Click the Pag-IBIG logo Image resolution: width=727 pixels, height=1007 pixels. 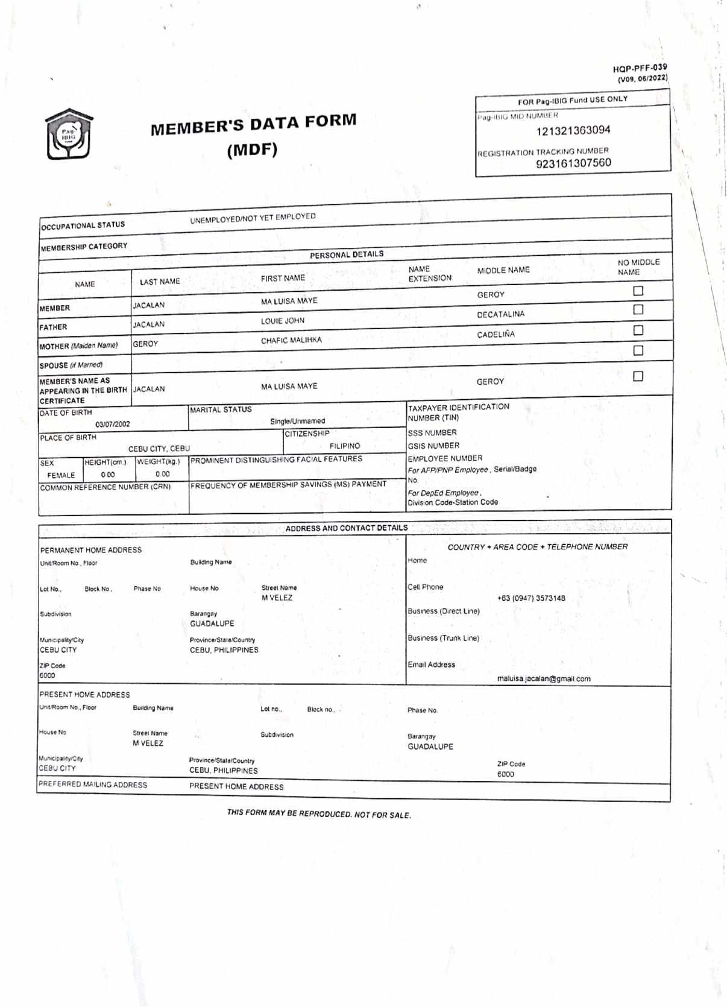point(69,134)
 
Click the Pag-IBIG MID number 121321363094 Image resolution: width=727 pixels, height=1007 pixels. point(573,130)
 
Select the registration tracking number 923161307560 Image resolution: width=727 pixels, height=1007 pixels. point(573,163)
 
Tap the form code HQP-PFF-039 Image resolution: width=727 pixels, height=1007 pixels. point(640,68)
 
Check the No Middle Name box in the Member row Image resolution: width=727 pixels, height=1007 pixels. point(638,291)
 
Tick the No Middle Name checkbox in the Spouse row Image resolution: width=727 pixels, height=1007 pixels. point(638,350)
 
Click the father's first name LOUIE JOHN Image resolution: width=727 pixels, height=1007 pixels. point(282,321)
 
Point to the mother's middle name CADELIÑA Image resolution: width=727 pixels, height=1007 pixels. point(496,335)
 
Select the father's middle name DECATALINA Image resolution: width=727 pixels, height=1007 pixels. point(500,314)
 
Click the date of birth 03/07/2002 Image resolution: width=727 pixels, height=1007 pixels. point(112,424)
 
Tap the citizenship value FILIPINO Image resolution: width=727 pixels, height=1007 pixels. point(345,446)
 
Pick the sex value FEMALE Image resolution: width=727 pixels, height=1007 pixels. point(61,475)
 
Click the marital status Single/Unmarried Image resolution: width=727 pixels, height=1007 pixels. point(297,421)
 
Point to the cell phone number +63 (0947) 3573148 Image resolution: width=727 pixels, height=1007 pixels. point(530,598)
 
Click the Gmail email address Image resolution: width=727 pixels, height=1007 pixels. point(543,678)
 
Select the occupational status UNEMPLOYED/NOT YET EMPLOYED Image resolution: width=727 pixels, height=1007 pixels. point(253,218)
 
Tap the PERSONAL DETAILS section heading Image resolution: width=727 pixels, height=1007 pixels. point(347,254)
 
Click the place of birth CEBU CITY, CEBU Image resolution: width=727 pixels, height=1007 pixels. point(159,449)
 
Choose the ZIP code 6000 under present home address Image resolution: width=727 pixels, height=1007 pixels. point(505,774)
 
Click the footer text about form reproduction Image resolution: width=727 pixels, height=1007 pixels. point(318,813)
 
